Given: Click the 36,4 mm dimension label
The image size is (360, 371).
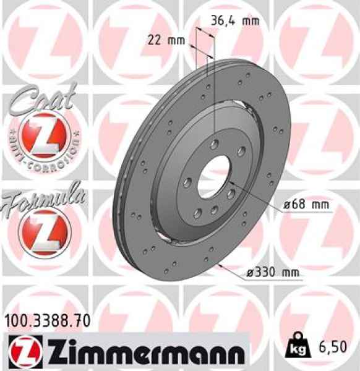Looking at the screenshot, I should coord(234,20).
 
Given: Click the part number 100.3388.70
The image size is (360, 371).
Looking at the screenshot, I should coord(48,320).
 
